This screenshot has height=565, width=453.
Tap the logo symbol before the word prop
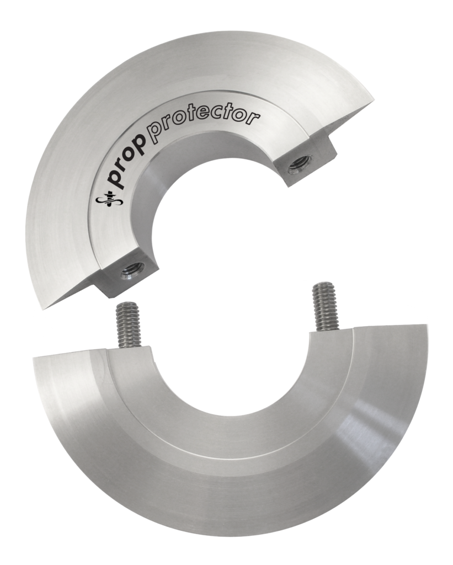pyautogui.click(x=104, y=201)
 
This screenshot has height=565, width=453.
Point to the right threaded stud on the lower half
pyautogui.click(x=323, y=307)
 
